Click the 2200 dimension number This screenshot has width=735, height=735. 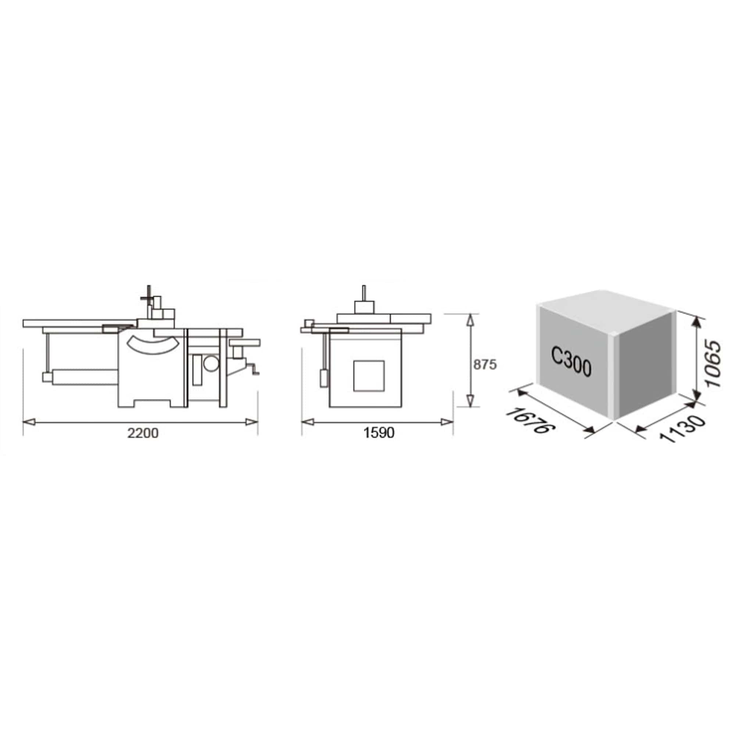(143, 433)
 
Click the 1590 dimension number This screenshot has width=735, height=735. (379, 433)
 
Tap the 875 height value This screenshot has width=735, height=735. (485, 365)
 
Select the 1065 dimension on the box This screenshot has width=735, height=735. (712, 364)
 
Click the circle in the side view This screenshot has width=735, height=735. (211, 363)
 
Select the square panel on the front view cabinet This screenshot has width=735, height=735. (368, 376)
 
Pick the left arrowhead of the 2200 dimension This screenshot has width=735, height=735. (29, 422)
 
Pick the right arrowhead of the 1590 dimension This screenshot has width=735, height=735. (447, 422)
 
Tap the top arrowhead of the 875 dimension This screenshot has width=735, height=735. (471, 320)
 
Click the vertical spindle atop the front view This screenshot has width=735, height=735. (364, 293)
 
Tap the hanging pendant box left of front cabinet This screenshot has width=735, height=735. (324, 378)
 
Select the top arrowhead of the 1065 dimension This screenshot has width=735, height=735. (696, 324)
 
